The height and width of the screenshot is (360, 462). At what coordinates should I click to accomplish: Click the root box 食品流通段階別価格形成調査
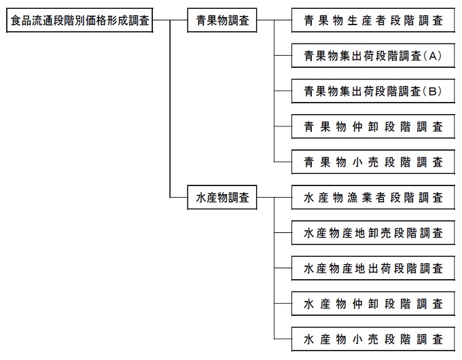tap(80, 21)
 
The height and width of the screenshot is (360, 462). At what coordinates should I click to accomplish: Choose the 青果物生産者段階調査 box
tap(373, 21)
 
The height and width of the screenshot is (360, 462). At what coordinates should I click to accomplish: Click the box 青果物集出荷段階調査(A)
tap(373, 56)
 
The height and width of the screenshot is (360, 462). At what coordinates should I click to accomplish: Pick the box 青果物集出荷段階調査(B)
tap(373, 92)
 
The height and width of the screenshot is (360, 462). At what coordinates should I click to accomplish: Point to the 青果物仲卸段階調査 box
tap(373, 127)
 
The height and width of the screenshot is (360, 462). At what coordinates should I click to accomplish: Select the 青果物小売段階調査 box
tap(373, 162)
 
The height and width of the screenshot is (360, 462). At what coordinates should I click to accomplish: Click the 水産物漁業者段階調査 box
tap(373, 198)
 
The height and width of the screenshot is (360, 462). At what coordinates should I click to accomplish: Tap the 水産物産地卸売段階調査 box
tap(373, 234)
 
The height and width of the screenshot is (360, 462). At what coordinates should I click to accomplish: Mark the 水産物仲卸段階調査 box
tap(373, 304)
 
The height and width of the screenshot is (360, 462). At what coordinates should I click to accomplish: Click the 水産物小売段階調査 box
tap(373, 339)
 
